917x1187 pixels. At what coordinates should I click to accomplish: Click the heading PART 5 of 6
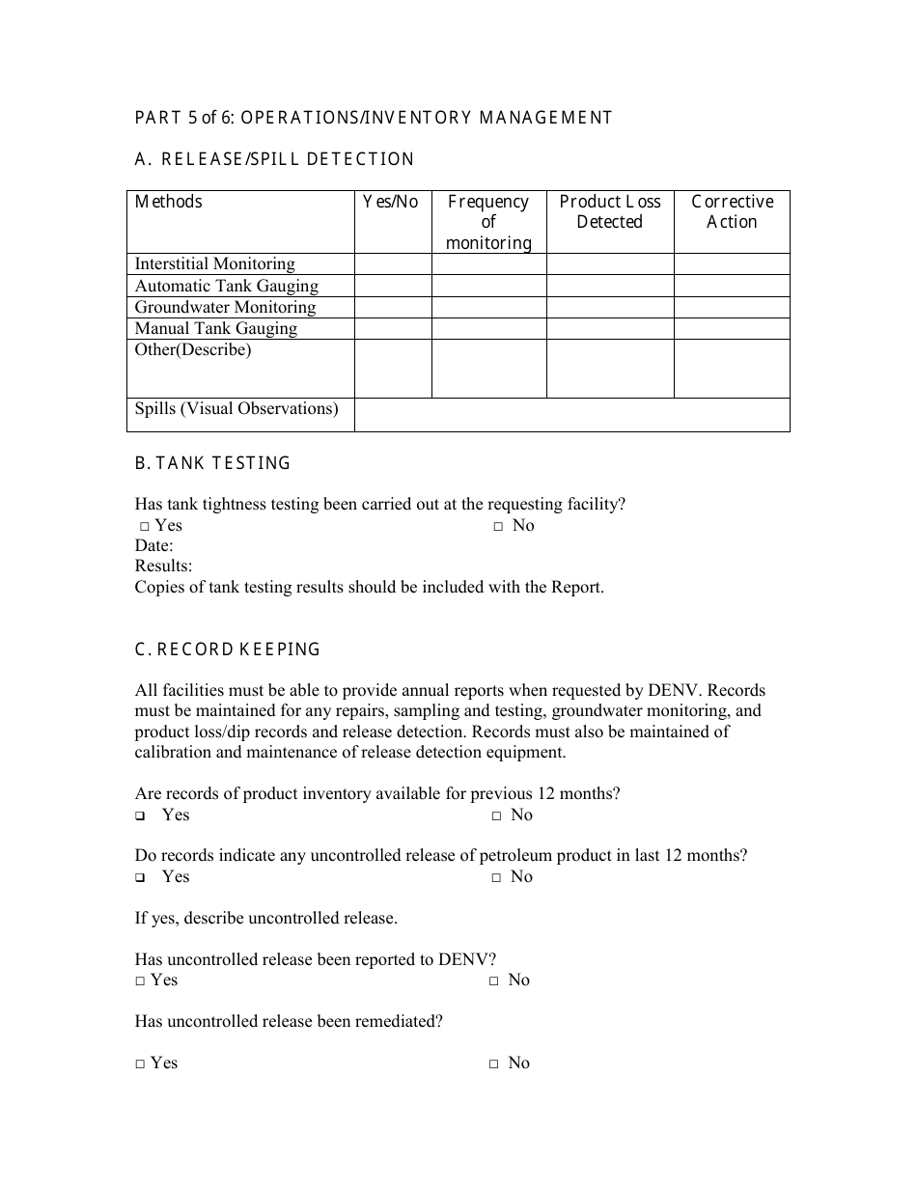click(x=374, y=118)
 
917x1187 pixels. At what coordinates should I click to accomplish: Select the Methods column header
click(x=169, y=202)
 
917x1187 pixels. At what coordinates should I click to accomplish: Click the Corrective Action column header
click(x=732, y=212)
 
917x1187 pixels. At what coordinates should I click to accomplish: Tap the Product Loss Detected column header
click(x=610, y=212)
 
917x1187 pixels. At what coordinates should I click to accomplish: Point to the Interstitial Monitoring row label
click(x=215, y=264)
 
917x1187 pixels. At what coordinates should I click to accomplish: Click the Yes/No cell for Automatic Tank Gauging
click(x=393, y=286)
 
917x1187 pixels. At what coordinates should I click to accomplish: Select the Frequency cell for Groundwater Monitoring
click(x=488, y=307)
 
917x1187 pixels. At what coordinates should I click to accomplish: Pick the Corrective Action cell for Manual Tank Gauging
click(x=732, y=328)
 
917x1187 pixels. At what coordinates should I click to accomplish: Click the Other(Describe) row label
click(x=193, y=350)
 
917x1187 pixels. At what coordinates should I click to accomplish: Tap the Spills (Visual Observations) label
click(x=236, y=409)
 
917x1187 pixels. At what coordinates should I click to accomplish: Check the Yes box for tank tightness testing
click(x=143, y=526)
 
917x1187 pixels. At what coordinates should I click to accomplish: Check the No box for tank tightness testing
click(x=498, y=526)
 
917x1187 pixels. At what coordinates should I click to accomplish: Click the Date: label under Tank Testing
click(x=154, y=546)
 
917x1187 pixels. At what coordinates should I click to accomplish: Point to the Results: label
click(x=163, y=566)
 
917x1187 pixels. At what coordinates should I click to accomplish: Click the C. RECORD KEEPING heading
click(x=228, y=649)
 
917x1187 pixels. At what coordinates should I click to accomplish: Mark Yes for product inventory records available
click(x=141, y=816)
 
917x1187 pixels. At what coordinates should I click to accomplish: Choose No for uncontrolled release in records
click(x=496, y=877)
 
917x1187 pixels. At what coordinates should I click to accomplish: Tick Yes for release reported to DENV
click(x=141, y=981)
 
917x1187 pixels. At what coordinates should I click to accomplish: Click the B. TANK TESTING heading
click(x=212, y=463)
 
